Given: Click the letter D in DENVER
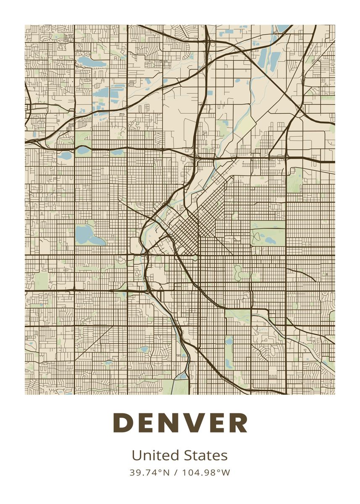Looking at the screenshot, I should click(123, 423).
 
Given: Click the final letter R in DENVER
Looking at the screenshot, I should click(239, 423).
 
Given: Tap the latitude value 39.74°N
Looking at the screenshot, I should click(150, 472).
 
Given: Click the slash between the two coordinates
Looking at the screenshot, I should click(176, 472).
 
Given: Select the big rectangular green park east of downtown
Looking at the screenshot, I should click(268, 234).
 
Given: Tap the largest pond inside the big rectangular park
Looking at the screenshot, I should click(269, 241).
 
